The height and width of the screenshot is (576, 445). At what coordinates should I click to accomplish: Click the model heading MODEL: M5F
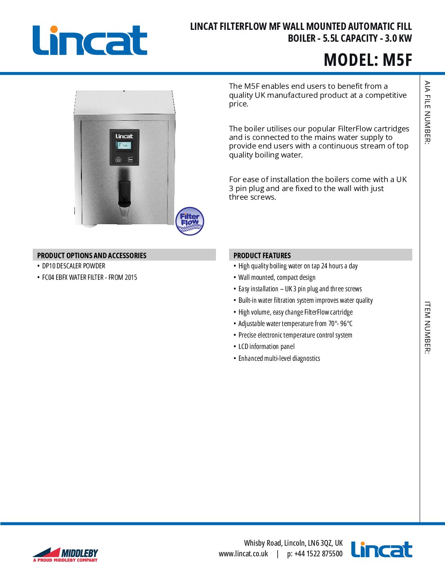368,60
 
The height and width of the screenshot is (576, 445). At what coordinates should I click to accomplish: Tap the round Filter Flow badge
189,221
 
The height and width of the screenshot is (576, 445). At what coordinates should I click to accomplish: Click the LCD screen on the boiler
124,145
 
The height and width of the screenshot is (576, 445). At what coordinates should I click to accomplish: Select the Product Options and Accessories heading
92,255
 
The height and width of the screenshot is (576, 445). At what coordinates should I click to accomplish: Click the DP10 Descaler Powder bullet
74,266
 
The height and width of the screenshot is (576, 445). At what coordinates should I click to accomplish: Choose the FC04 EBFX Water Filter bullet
90,277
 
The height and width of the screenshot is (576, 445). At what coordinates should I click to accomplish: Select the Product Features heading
262,255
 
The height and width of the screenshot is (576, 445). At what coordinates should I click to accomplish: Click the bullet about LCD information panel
266,346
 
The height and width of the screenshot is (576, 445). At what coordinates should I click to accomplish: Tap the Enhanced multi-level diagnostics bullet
279,358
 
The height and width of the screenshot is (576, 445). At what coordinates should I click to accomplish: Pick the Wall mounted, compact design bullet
277,277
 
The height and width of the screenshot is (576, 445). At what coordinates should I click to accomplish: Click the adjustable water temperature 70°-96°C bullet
295,324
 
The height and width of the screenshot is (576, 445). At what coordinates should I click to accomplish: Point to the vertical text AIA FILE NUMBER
427,112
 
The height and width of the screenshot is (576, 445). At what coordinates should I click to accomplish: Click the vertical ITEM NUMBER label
427,327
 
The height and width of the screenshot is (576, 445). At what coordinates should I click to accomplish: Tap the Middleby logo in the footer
65,555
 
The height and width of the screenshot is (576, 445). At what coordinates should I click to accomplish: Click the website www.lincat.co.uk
243,554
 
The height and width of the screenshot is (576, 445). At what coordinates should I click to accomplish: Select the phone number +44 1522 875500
315,554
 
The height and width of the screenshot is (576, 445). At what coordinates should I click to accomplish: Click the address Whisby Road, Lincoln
293,543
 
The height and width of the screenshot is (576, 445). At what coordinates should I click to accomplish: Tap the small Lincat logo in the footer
382,549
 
